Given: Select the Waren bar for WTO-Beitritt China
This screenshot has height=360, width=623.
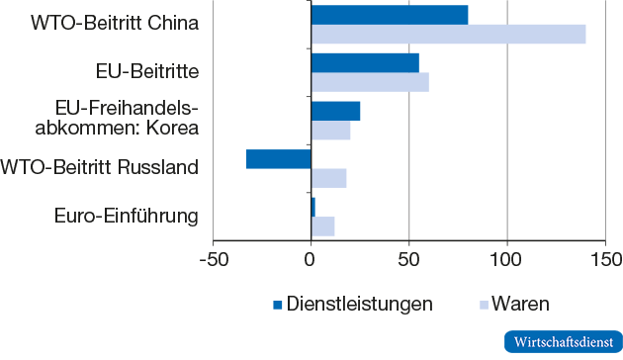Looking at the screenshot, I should pyautogui.click(x=448, y=35).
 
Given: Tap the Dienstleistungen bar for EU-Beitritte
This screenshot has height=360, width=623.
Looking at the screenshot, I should pyautogui.click(x=365, y=62).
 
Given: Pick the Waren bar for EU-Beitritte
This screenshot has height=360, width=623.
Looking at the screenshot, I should pyautogui.click(x=370, y=82).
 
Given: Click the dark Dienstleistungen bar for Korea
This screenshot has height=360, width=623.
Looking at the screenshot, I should pyautogui.click(x=335, y=111).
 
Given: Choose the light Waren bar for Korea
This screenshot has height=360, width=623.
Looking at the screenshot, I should pyautogui.click(x=330, y=130).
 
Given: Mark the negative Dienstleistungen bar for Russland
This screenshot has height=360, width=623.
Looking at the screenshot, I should pyautogui.click(x=279, y=158).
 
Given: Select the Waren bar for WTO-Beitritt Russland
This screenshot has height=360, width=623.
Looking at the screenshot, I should pyautogui.click(x=328, y=178).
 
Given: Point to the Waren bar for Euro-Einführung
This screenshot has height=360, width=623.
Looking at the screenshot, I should pyautogui.click(x=322, y=225).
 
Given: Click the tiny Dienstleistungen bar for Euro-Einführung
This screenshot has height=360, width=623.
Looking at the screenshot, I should pyautogui.click(x=312, y=207).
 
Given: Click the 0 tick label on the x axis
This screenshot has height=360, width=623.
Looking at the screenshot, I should pyautogui.click(x=311, y=259).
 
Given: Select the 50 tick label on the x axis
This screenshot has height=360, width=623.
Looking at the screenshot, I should pyautogui.click(x=408, y=259).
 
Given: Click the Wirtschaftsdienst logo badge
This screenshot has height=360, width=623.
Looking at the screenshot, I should pyautogui.click(x=560, y=340).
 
